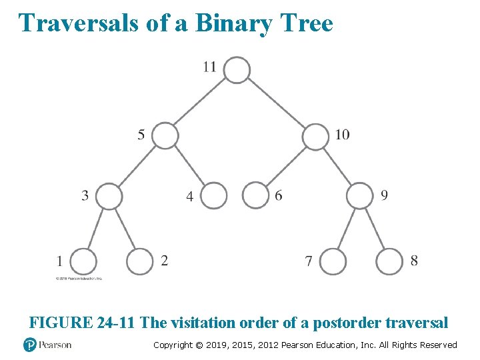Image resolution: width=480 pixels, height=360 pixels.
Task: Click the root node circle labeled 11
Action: pyautogui.click(x=237, y=70)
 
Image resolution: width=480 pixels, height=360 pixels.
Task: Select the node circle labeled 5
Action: pyautogui.click(x=165, y=136)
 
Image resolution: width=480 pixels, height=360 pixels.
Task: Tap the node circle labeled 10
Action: pyautogui.click(x=315, y=137)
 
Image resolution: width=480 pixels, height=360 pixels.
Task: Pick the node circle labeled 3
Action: pyautogui.click(x=110, y=196)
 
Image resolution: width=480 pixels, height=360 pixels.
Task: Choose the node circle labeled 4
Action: pyautogui.click(x=214, y=196)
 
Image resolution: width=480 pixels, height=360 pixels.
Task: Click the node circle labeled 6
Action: pyautogui.click(x=255, y=196)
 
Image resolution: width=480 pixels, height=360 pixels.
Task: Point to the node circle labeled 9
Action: pyautogui.click(x=360, y=196)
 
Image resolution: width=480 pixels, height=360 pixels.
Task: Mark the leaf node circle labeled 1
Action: pyautogui.click(x=83, y=261)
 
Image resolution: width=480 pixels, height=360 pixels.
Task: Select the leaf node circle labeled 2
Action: pyautogui.click(x=140, y=261)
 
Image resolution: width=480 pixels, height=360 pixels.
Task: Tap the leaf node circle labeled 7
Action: pyautogui.click(x=333, y=261)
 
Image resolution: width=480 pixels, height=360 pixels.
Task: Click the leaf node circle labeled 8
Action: pyautogui.click(x=389, y=261)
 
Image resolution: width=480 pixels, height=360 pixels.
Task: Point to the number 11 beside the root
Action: pyautogui.click(x=209, y=66)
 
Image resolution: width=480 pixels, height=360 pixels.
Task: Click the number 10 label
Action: pyautogui.click(x=342, y=135)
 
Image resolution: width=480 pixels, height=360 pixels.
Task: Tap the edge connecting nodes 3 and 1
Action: pyautogui.click(x=96, y=229)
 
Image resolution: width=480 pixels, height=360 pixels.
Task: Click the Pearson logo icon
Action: pyautogui.click(x=29, y=345)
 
